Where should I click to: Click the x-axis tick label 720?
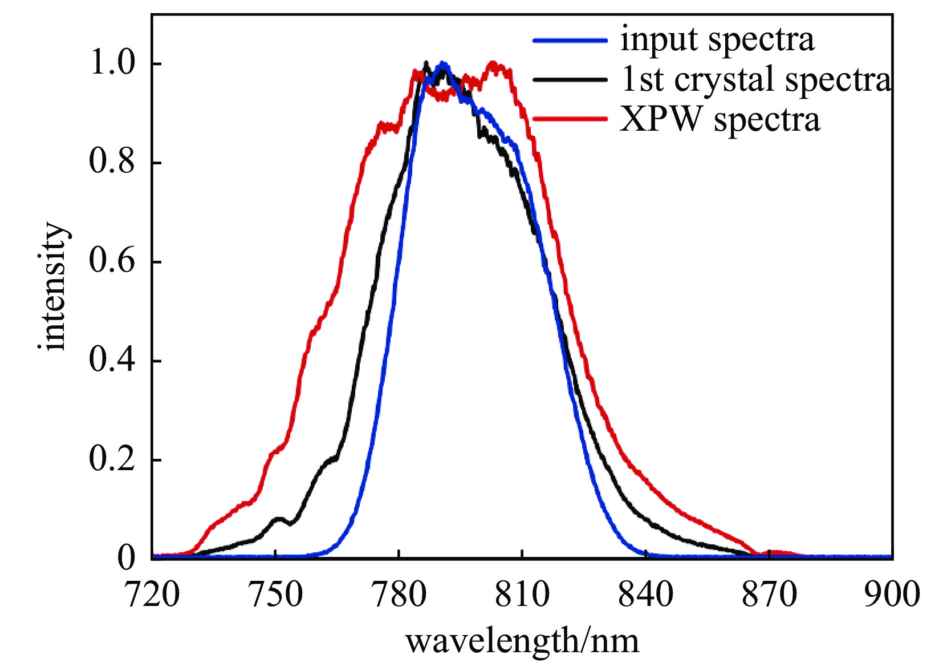coord(152,595)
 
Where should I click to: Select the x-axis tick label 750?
coord(276,595)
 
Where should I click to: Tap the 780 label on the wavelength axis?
coord(399,595)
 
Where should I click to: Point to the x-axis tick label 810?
coord(522,595)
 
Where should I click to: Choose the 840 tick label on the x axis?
coord(646,595)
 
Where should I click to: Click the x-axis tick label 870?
coord(769,595)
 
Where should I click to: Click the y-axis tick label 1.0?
coord(112,63)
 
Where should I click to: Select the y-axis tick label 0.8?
coord(112,162)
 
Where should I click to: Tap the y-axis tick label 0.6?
coord(112,261)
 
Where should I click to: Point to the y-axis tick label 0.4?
coord(112,360)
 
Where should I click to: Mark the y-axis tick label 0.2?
coord(112,459)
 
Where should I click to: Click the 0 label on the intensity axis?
coord(127,558)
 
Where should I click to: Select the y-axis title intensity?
coord(54,286)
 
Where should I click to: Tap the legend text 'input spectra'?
coord(717,40)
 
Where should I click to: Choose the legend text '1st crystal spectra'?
coord(756,79)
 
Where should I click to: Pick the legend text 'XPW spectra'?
coord(720,120)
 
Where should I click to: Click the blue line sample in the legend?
coord(570,41)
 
